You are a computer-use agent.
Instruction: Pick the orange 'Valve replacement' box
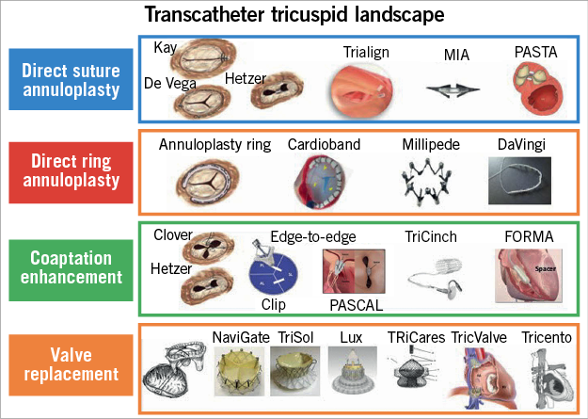[x=70, y=365]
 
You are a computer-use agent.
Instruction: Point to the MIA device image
[x=444, y=89]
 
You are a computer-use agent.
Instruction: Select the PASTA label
[x=535, y=51]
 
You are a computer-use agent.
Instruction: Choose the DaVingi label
[x=522, y=145]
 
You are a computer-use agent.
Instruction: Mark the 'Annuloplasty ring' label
[x=215, y=145]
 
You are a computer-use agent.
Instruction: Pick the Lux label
[x=340, y=335]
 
